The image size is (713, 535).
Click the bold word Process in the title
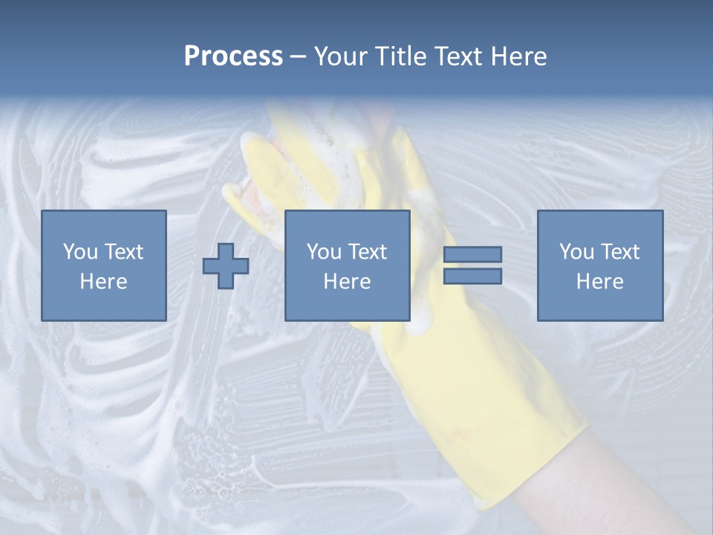click(x=233, y=56)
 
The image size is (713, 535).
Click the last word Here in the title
click(x=519, y=56)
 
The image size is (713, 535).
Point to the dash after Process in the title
click(x=299, y=57)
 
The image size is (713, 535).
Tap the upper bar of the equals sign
click(x=472, y=255)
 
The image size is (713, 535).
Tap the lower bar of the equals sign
click(x=472, y=276)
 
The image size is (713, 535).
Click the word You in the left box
click(x=79, y=252)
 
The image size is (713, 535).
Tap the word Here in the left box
click(x=104, y=282)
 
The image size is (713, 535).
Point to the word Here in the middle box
click(x=348, y=282)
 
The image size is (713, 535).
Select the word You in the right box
click(x=576, y=252)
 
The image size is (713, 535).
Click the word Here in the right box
click(x=600, y=282)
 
